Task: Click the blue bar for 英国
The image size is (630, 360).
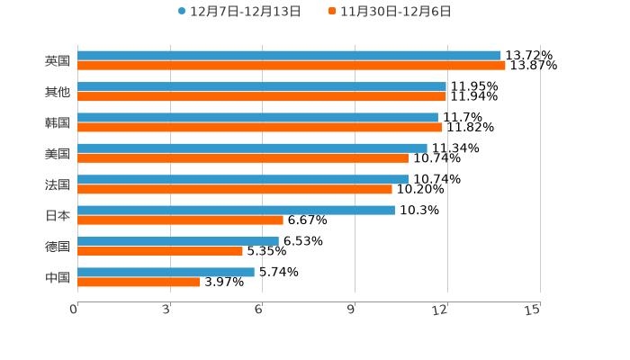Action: click(289, 56)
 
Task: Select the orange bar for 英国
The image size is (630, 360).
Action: click(292, 66)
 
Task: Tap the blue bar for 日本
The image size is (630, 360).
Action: click(236, 210)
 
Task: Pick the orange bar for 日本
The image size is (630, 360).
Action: click(180, 220)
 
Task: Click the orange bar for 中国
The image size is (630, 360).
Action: click(139, 282)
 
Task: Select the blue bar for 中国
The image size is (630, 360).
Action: click(166, 272)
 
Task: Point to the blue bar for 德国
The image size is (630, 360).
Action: click(178, 241)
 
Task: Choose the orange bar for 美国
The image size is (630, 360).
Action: click(243, 158)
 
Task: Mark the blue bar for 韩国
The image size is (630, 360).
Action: click(257, 117)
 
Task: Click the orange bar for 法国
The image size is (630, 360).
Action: click(235, 189)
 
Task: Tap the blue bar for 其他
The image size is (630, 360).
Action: click(262, 86)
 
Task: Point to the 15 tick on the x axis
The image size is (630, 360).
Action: click(532, 310)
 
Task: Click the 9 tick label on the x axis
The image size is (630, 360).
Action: click(352, 310)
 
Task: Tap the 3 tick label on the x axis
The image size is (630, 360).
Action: click(167, 310)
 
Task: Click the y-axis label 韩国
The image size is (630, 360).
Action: click(58, 122)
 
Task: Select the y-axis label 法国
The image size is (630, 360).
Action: click(58, 184)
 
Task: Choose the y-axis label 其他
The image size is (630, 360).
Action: click(58, 92)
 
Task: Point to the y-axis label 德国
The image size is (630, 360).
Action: click(58, 247)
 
